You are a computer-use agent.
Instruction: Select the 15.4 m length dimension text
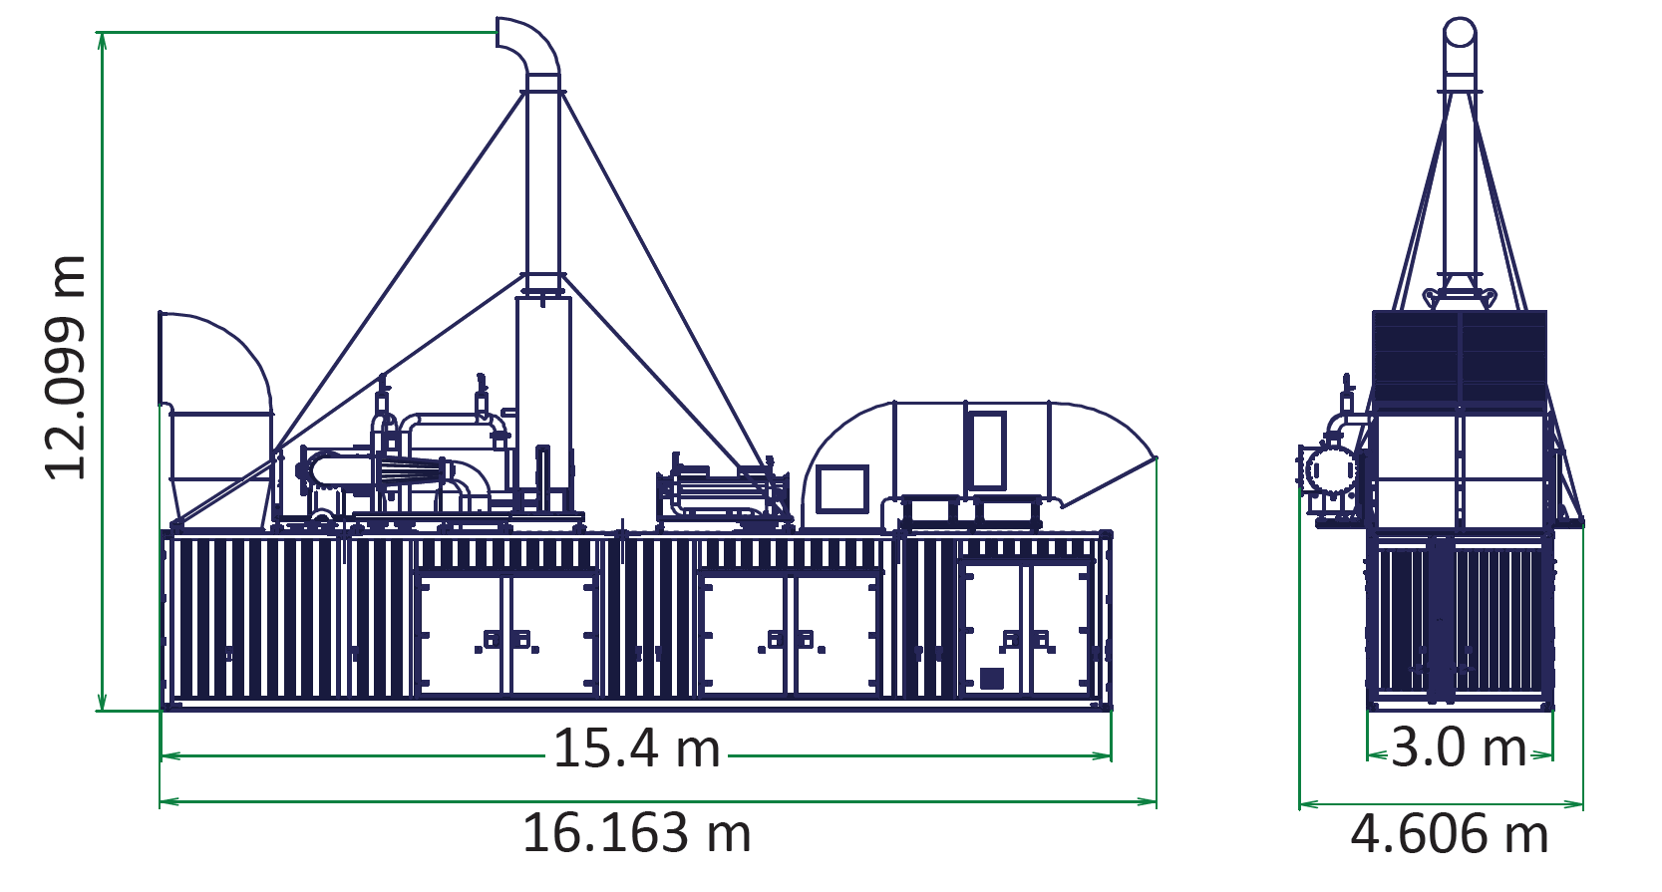pos(636,748)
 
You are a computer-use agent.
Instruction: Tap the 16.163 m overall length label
pos(636,833)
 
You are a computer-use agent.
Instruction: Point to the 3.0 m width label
pos(1458,747)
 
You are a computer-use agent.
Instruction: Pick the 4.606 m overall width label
pos(1449,834)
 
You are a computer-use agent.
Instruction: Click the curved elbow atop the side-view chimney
pos(528,45)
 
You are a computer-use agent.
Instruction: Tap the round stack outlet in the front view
pos(1460,32)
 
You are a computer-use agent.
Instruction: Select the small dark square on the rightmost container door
pos(991,679)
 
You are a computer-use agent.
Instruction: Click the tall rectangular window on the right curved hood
pos(987,449)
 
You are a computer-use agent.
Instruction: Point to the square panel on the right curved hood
pos(841,489)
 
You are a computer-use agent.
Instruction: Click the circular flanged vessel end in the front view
pos(1331,469)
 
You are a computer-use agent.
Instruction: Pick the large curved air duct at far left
pos(214,399)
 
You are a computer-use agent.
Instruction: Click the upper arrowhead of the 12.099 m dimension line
pos(102,40)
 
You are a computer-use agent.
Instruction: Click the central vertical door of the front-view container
pos(1441,618)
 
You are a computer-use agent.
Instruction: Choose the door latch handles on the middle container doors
pos(791,640)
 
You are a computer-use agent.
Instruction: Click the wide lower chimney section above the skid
pos(543,389)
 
